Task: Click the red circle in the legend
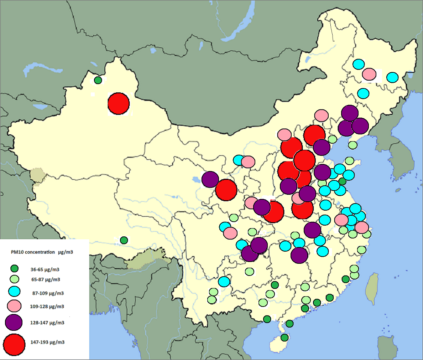coord(14,345)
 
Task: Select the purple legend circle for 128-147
coord(14,323)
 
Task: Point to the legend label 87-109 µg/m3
coord(48,293)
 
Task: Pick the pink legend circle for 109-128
coord(14,305)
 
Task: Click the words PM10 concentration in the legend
coord(32,252)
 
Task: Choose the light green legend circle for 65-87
coord(14,279)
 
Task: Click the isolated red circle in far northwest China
coord(119,104)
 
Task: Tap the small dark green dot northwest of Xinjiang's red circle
coord(98,80)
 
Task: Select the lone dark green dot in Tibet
coord(124,240)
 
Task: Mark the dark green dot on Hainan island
coord(284,337)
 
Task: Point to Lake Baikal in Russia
coord(242,25)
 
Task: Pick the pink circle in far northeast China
coord(369,74)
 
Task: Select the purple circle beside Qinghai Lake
coord(210,179)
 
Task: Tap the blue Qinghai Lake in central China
coord(196,179)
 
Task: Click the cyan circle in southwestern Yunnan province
coord(224,282)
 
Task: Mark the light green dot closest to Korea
coord(352,145)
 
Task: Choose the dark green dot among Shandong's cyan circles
coord(342,181)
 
